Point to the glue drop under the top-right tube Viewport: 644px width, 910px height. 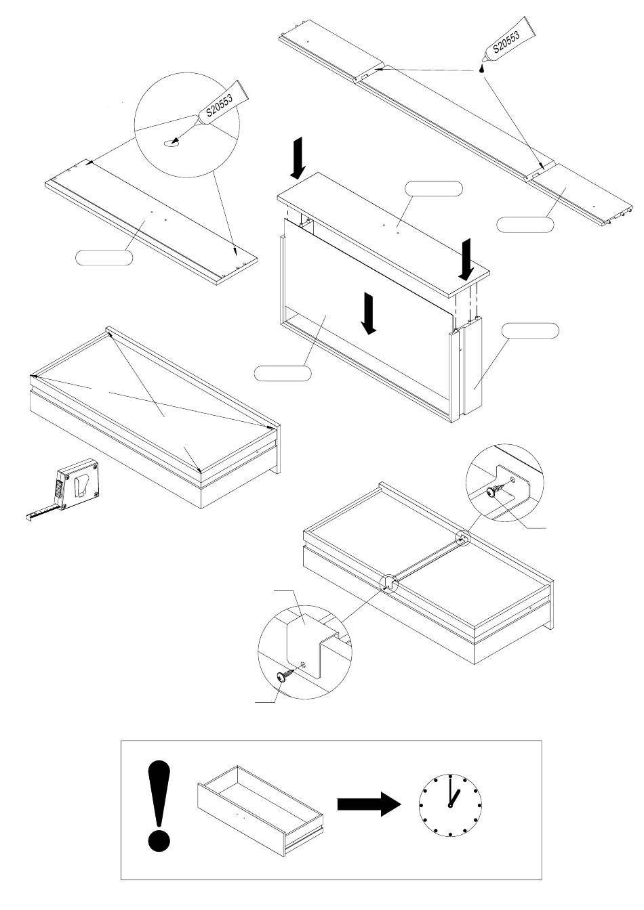[482, 68]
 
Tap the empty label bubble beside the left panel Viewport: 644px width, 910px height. [104, 257]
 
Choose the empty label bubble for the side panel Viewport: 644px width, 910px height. [531, 330]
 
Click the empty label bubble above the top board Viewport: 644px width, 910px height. [435, 189]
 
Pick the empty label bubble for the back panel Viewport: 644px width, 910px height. [283, 372]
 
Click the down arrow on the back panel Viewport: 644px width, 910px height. [367, 313]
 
